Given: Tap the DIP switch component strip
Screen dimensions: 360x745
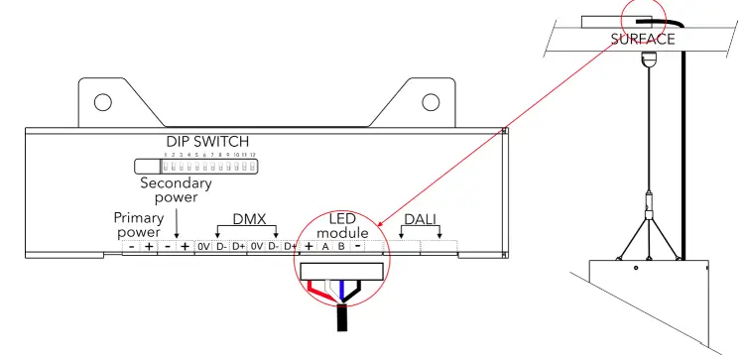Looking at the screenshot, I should (x=196, y=166).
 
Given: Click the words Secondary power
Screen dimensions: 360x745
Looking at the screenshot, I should (x=176, y=190).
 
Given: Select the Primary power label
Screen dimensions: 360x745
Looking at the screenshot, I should (x=138, y=224).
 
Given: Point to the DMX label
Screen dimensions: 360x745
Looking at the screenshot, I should (x=249, y=217).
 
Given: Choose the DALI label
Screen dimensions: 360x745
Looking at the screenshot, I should (x=423, y=218).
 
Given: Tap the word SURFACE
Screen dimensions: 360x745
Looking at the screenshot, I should (x=643, y=40).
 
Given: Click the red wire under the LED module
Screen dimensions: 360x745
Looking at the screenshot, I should (x=319, y=291).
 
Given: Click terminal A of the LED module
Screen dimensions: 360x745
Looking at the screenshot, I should (x=325, y=246).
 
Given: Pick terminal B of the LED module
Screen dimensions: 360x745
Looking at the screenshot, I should (x=340, y=246).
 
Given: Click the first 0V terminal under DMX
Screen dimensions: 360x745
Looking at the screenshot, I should (x=203, y=246).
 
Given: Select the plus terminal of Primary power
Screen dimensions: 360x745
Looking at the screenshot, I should (x=149, y=246).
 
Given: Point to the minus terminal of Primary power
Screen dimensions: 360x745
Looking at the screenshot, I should (x=132, y=246).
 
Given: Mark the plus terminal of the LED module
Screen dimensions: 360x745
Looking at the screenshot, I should (x=309, y=246).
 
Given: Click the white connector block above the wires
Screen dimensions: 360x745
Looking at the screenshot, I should (x=342, y=270).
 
